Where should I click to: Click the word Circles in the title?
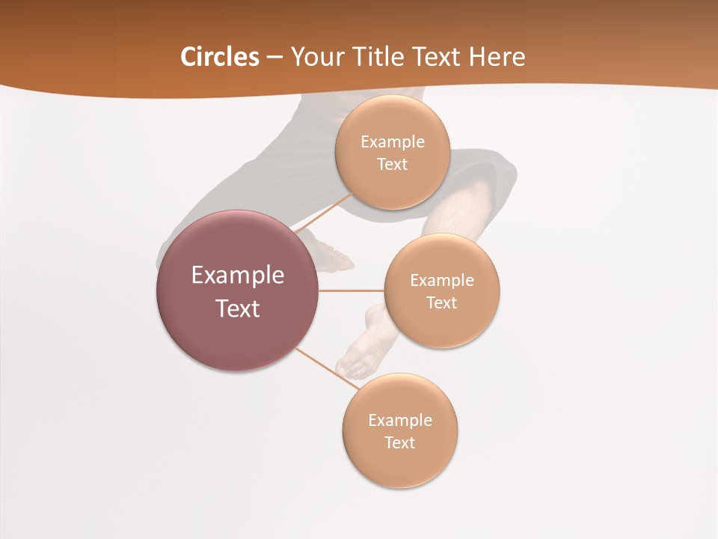[x=219, y=57]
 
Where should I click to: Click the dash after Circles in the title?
[x=274, y=58]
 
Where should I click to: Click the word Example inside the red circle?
[x=237, y=275]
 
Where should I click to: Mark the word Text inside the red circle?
[x=237, y=308]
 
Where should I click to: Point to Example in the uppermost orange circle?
[x=392, y=142]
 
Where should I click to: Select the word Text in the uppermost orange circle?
[x=392, y=165]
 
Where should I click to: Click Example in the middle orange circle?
[x=441, y=281]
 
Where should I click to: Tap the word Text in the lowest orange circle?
[x=399, y=442]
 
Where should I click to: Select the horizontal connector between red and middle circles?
[x=351, y=290]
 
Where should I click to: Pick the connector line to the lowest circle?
[x=328, y=368]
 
